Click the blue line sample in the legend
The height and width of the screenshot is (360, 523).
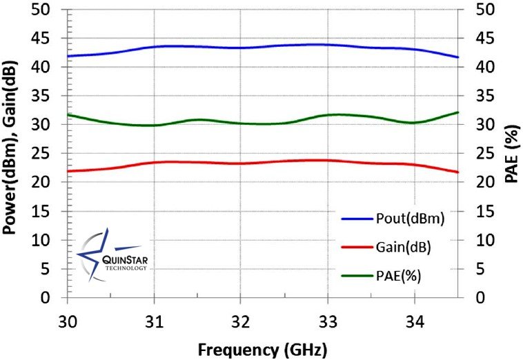[357, 219]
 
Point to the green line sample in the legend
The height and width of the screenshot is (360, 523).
[357, 276]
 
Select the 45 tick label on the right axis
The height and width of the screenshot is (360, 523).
[476, 39]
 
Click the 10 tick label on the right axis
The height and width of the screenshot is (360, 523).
[476, 240]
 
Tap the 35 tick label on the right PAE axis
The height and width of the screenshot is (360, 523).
[476, 96]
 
